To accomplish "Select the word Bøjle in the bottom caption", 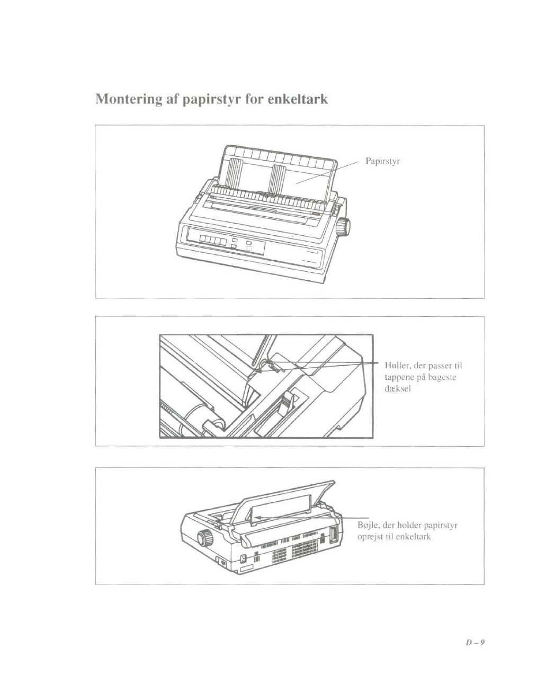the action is coord(369,526).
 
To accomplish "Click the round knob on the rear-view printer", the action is coord(204,539).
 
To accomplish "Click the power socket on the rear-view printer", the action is coord(244,558).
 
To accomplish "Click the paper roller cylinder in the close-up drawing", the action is coord(204,416).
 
